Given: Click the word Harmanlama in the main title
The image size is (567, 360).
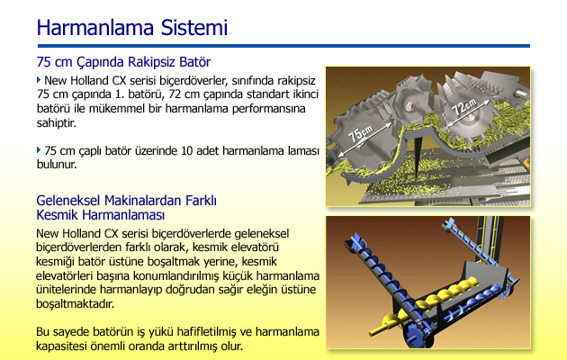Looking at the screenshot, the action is click(x=95, y=28).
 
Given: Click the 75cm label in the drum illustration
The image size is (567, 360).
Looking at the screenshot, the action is click(x=361, y=134).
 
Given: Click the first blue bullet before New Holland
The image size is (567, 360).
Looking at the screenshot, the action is click(x=39, y=80).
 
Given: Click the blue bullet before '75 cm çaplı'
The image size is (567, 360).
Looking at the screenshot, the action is click(x=39, y=150).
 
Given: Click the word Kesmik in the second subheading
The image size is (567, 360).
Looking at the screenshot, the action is click(x=57, y=215).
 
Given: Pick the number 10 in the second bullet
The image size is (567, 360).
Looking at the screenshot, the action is click(x=187, y=150).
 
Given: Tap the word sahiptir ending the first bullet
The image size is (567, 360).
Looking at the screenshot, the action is click(x=57, y=123).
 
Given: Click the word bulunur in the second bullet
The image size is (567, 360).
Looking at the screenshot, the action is click(x=57, y=165).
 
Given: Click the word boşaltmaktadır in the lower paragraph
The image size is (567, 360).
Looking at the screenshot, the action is click(x=76, y=303).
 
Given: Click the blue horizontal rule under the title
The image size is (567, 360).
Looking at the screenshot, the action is click(x=283, y=46).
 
